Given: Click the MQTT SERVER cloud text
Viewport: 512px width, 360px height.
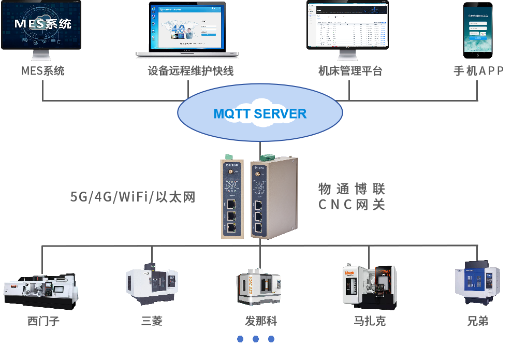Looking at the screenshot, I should [x=260, y=114].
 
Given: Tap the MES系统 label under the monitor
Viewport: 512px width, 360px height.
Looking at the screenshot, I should [x=43, y=71].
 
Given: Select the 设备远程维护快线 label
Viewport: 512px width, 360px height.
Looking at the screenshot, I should [x=191, y=71].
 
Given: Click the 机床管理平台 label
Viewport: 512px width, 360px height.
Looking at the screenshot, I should [x=350, y=71].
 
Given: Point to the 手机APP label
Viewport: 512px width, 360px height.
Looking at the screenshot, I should [x=478, y=71].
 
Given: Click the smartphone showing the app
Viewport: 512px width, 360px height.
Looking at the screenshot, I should [x=478, y=28].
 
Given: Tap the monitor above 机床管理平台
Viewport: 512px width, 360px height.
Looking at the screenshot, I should [x=347, y=25].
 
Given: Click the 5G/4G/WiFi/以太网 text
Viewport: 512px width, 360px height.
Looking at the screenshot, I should [x=133, y=197].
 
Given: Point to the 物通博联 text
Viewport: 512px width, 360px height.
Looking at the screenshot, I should [x=352, y=188].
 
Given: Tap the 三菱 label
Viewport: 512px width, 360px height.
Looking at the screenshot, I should [x=152, y=321].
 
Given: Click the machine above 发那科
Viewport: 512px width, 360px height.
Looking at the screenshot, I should [x=259, y=286].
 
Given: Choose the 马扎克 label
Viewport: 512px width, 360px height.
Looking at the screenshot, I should [x=370, y=321].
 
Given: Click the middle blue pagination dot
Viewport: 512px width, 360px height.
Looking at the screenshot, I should [x=256, y=339].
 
